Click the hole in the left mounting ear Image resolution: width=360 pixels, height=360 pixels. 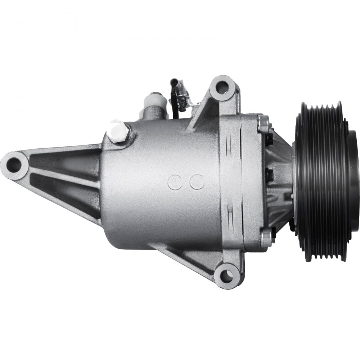[x=14, y=165]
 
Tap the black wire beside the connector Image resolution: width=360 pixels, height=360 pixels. [x=173, y=108]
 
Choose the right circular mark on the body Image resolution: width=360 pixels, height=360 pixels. [x=197, y=182]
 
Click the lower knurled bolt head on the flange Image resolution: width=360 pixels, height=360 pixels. [x=266, y=238]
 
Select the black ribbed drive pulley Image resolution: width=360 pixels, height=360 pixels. [x=320, y=180]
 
